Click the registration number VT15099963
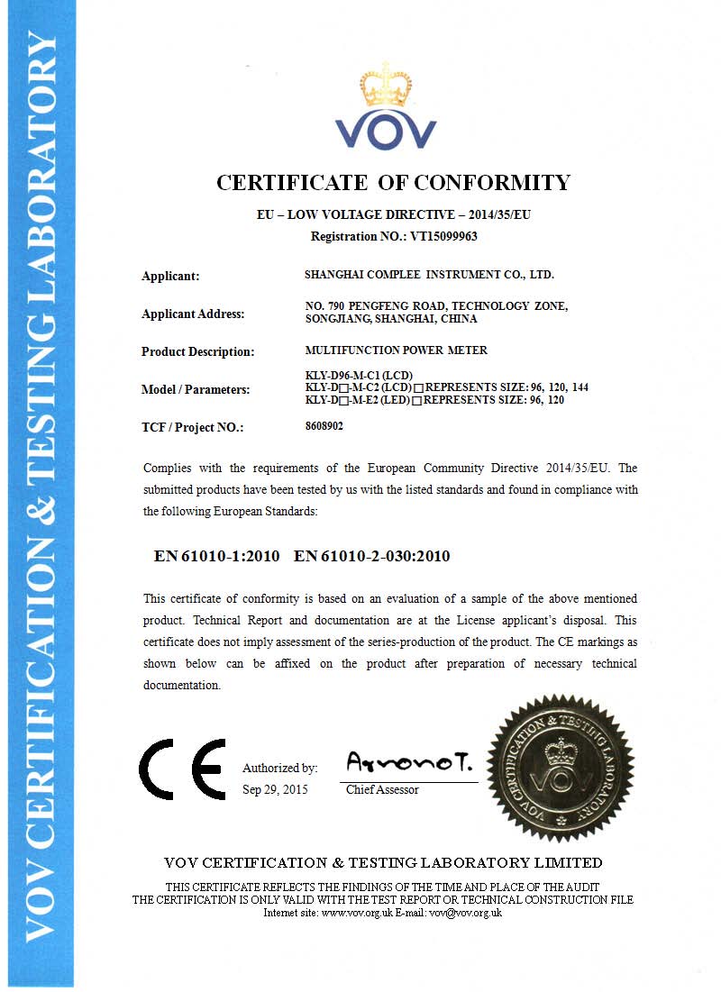(445, 237)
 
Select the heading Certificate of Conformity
(393, 183)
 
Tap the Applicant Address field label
(193, 314)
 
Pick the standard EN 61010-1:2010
(217, 556)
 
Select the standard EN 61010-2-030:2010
(372, 556)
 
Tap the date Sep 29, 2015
(275, 789)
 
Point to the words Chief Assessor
(383, 789)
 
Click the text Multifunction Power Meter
(397, 350)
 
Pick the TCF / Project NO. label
(193, 428)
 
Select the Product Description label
(198, 352)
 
